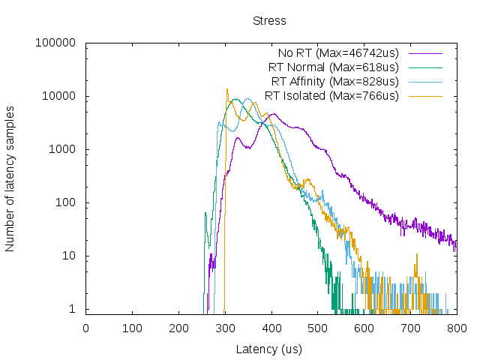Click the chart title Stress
coord(269,20)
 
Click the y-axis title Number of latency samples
coord(10,178)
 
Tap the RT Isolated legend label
coord(331,95)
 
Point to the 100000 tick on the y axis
coord(55,43)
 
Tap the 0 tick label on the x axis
coord(85,328)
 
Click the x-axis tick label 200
coord(178,328)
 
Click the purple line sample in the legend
coord(425,53)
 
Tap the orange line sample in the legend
coord(425,96)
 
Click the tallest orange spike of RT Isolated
coord(227,90)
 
